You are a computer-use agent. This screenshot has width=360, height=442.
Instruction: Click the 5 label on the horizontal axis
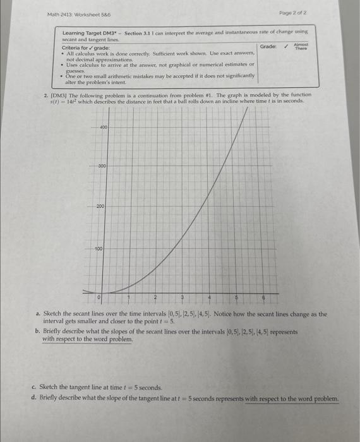click(x=237, y=296)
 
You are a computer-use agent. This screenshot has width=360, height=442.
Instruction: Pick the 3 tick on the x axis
click(x=183, y=296)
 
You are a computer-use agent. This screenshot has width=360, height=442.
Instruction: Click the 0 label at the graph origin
click(x=99, y=296)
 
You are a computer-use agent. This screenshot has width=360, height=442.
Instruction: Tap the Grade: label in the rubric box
click(x=268, y=46)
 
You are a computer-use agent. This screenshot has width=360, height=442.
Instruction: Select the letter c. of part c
click(x=33, y=386)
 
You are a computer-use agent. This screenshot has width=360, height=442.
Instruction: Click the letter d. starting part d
click(x=33, y=398)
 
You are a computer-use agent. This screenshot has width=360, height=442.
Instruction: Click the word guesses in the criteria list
click(x=76, y=71)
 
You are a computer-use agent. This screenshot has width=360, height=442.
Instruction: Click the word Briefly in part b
click(x=54, y=330)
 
